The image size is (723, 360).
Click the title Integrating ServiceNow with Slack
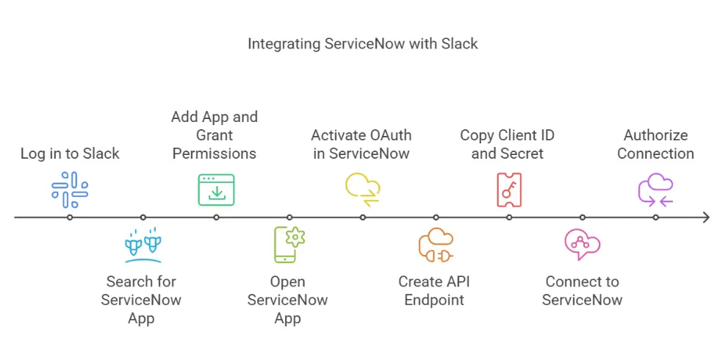[362, 44]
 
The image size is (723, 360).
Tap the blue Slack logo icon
[70, 190]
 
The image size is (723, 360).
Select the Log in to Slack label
[70, 154]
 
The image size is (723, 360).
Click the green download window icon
[216, 190]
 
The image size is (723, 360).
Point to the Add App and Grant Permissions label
[215, 135]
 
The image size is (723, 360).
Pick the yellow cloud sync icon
[363, 190]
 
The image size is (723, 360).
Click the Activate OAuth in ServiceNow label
[361, 144]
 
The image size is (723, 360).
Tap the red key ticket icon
[509, 190]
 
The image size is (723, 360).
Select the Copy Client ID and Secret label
[507, 144]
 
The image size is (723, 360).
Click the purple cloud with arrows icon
[655, 189]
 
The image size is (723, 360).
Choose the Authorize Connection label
[655, 144]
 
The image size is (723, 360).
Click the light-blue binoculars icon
[143, 245]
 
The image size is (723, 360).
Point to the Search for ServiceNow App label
[141, 300]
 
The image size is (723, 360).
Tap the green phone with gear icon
[289, 245]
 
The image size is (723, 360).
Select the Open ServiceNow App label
[288, 300]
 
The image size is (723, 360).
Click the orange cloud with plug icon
[436, 245]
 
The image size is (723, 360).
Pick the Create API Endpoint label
[434, 290]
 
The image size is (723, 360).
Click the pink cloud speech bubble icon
[583, 245]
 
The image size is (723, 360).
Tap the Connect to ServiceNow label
[582, 290]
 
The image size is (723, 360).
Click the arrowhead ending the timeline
[705, 217]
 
